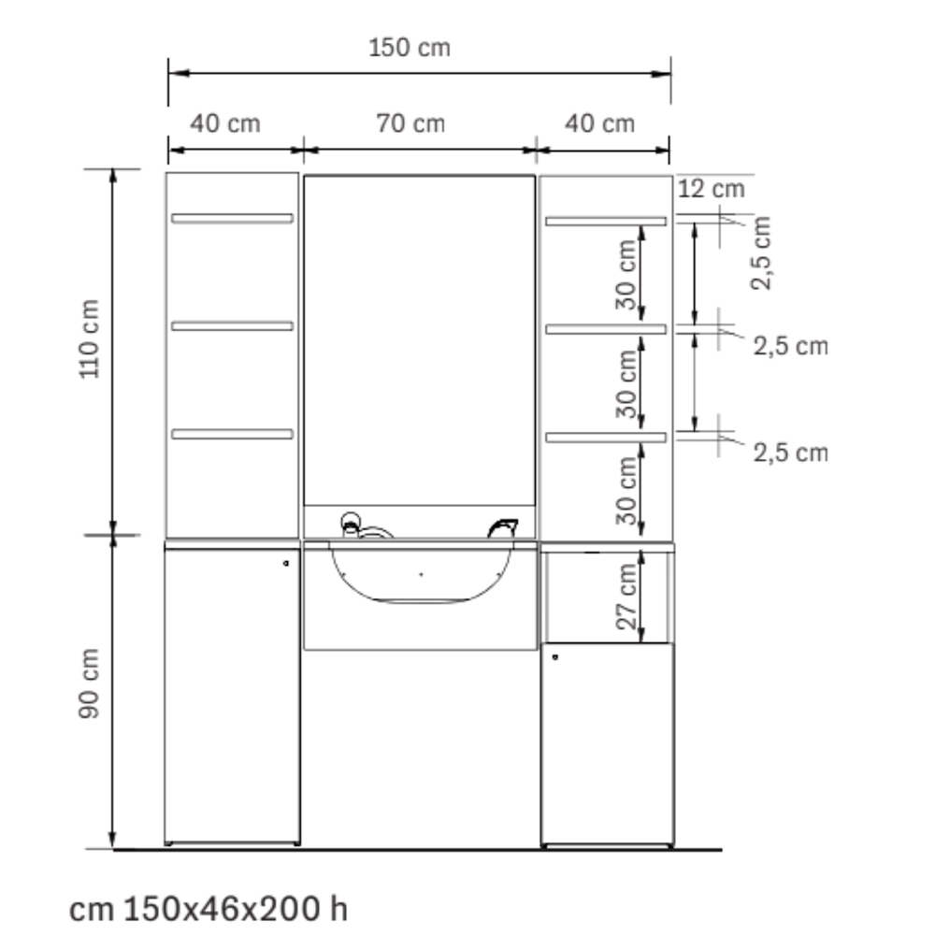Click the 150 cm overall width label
pyautogui.click(x=410, y=48)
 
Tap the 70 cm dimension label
pyautogui.click(x=410, y=123)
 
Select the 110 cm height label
pyautogui.click(x=90, y=338)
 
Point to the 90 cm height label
pyautogui.click(x=90, y=683)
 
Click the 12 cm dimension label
pyautogui.click(x=712, y=189)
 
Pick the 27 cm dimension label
pyautogui.click(x=626, y=597)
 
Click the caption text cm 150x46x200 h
pyautogui.click(x=209, y=909)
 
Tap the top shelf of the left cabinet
pyautogui.click(x=232, y=218)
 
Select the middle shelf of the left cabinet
pyautogui.click(x=232, y=326)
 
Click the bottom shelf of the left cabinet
pyautogui.click(x=232, y=434)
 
